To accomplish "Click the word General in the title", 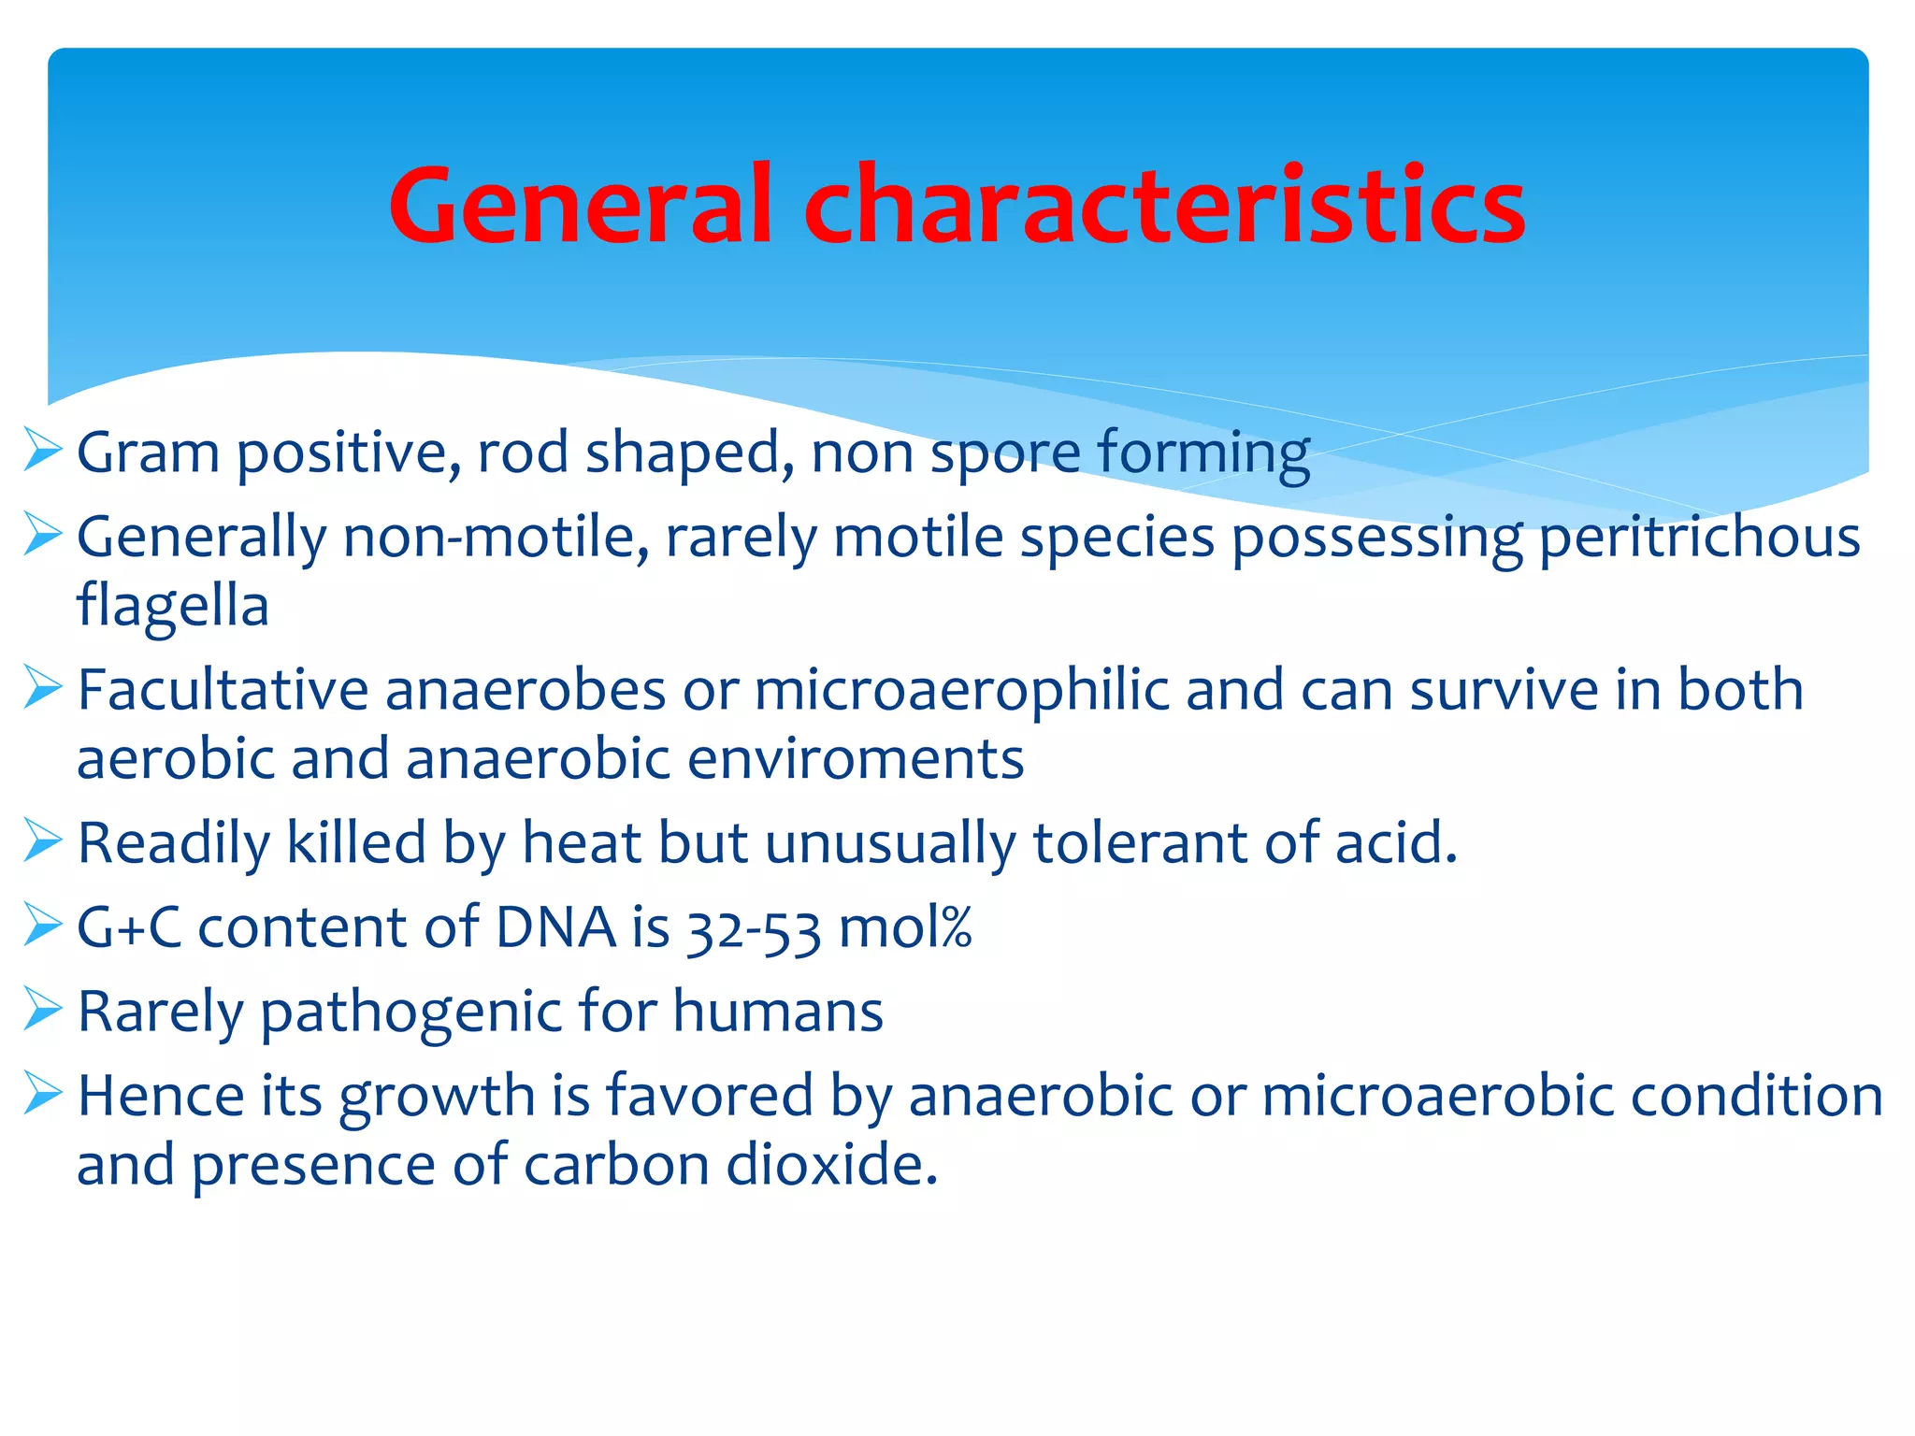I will (x=581, y=206).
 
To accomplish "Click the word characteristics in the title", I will (x=1164, y=206).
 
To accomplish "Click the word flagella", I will (x=173, y=606).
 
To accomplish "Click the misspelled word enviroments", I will (x=855, y=758).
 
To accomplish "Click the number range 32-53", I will (x=754, y=928).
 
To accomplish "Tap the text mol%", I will (x=905, y=927).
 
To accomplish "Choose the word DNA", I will (x=555, y=927).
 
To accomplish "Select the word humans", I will (x=777, y=1012).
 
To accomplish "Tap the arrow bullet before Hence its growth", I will (x=42, y=1094).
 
